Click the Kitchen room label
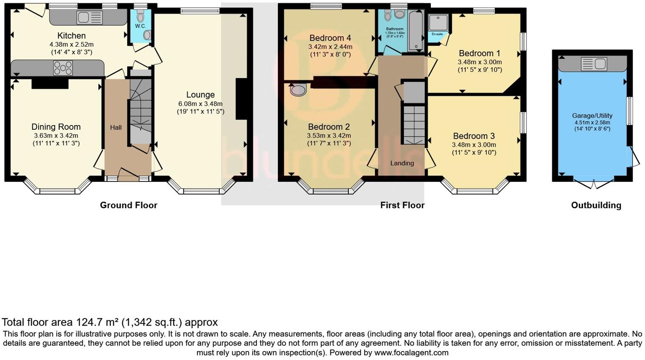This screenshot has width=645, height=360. click(71, 36)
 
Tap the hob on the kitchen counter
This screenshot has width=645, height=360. click(63, 68)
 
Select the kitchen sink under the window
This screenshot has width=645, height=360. click(90, 17)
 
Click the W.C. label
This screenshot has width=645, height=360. click(140, 26)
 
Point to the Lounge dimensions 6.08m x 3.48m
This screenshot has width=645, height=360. click(200, 103)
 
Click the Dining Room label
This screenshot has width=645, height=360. click(56, 127)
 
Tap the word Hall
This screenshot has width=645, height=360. click(116, 127)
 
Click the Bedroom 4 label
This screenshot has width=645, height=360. click(330, 38)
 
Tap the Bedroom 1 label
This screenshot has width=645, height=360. click(480, 53)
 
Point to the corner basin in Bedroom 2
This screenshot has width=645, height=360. click(298, 89)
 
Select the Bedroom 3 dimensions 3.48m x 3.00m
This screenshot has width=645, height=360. click(474, 145)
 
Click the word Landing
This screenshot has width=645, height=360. click(402, 163)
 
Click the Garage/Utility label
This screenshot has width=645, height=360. click(592, 115)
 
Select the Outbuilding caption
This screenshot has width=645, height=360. click(596, 205)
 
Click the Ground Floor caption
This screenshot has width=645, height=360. click(129, 205)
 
